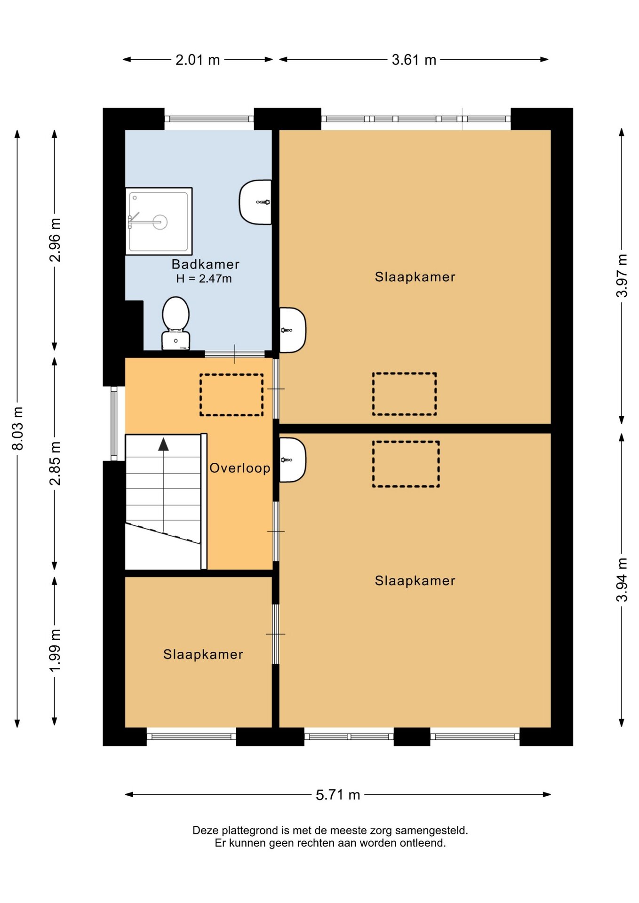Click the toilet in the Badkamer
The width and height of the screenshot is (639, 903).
point(176,324)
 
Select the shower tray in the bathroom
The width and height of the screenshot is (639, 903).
point(159,221)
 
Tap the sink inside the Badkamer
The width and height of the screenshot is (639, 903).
point(256,202)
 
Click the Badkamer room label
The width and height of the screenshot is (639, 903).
point(205,264)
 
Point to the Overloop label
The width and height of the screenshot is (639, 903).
point(240,468)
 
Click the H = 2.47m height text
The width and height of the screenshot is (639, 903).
point(204,278)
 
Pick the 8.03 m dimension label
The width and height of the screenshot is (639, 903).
point(17,428)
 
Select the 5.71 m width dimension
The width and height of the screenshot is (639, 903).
point(338,794)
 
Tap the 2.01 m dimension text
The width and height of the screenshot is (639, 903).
point(198,60)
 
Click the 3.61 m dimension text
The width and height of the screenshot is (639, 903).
point(414,60)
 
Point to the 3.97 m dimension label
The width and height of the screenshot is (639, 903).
point(622,276)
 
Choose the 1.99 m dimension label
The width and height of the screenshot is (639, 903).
point(55,650)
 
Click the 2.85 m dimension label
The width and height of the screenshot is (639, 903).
point(55,463)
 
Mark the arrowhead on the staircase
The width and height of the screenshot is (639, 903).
point(163,444)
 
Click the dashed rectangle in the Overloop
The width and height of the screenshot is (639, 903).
point(232,395)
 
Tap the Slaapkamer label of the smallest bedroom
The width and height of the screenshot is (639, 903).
point(203,654)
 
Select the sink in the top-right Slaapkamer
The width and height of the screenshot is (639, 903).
point(292,330)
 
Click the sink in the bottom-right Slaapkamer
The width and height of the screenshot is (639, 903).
point(292,460)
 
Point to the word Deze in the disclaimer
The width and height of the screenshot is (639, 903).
point(206,830)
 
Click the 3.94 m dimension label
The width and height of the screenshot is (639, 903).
point(622,579)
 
